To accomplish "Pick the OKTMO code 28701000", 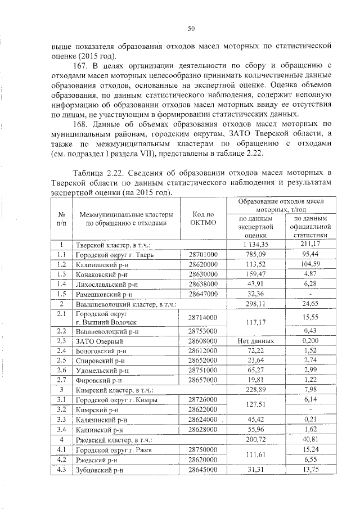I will click(x=203, y=254).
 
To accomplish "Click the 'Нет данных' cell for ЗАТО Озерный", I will click(x=255, y=341).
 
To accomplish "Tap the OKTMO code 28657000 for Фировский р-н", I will click(x=203, y=380).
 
